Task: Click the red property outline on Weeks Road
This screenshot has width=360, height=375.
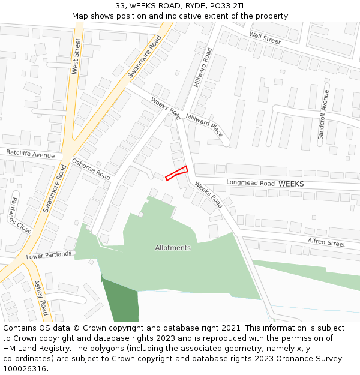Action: point(176,173)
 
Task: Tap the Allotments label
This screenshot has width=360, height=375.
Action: point(173,248)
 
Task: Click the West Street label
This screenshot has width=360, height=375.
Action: point(76,56)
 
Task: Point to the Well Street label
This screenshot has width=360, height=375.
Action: point(265,39)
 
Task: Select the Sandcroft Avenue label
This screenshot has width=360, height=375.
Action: point(324,115)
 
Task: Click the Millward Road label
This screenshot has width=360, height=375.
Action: point(203,68)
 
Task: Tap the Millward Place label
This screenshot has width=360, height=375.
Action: point(205,125)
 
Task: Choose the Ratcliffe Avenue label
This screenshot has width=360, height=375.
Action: point(30,154)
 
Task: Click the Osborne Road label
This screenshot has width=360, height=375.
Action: point(91,170)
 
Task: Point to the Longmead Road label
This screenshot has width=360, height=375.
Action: point(250,183)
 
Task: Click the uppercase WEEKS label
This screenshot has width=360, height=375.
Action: point(292,183)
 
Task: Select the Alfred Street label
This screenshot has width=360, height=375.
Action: point(326,242)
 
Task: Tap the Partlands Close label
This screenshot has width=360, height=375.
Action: point(20,215)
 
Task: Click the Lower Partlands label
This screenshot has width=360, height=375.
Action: point(49,254)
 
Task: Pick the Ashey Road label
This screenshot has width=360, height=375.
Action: point(41,298)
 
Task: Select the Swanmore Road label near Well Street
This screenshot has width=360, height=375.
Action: point(145,58)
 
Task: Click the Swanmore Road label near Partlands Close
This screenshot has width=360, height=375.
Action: point(55,188)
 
